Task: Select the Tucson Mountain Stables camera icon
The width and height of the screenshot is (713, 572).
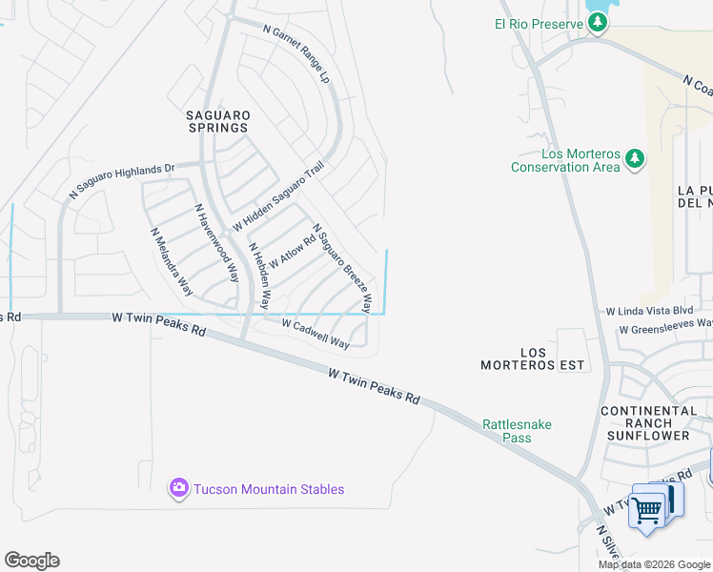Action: click(x=178, y=489)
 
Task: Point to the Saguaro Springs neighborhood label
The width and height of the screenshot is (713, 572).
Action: click(x=216, y=120)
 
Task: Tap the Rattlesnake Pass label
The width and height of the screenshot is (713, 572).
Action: click(x=517, y=431)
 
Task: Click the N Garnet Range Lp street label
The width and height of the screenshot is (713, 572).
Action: click(x=295, y=53)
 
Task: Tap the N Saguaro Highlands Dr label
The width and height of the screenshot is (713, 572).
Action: click(x=122, y=181)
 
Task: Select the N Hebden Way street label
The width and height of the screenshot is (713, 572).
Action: click(x=258, y=276)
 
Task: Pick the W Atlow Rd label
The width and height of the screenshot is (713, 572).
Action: click(x=292, y=252)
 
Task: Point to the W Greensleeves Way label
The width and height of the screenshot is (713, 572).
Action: click(x=664, y=330)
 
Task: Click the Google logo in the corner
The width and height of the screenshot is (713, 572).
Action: click(x=31, y=561)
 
